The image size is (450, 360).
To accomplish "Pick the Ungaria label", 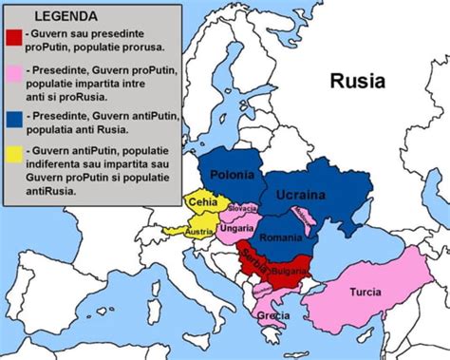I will pos(234,228).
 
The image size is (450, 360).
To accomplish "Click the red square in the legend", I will pos(13,37).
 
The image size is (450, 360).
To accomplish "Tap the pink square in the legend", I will pos(13,73).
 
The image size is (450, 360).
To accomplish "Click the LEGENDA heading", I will pos(66,16).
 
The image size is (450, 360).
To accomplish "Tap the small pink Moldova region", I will pos(306,218).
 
